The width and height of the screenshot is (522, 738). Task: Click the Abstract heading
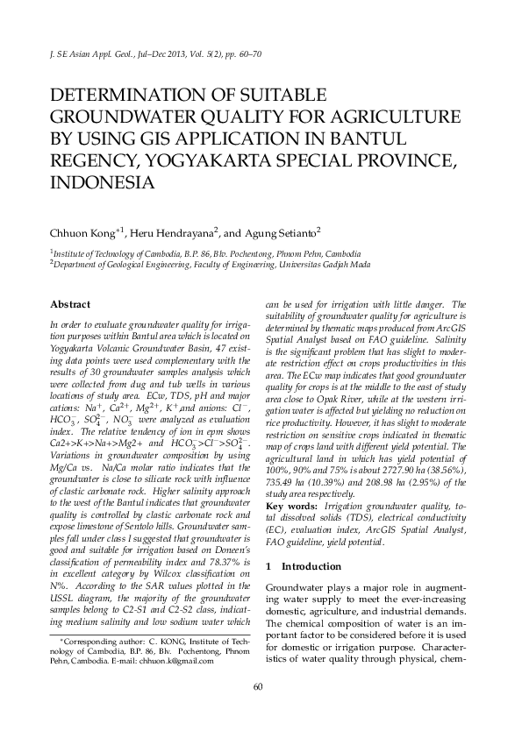point(70,304)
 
